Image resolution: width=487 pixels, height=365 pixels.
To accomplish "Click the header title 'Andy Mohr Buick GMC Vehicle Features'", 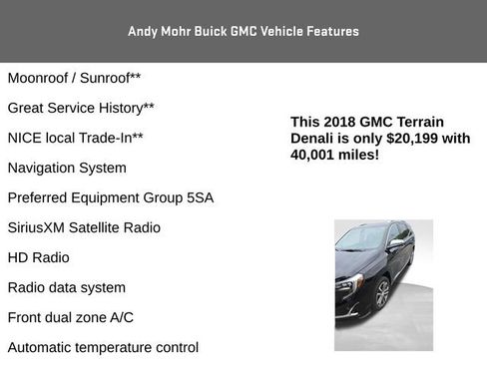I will pos(243,31).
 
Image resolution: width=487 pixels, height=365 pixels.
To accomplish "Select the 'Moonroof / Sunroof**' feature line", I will pos(74,77).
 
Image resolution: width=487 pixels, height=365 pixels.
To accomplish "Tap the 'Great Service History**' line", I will pos(81,107).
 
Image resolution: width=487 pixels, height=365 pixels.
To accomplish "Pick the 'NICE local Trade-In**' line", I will pos(75,137).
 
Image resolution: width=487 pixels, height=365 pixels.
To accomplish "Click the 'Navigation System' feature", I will pos(67,168).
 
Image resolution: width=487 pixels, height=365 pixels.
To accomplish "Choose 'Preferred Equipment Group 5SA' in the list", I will pos(110,197).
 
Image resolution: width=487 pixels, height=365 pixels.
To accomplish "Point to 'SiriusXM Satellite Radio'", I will pos(84,227).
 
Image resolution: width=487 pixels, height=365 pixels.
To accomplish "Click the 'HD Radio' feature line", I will pos(38,257).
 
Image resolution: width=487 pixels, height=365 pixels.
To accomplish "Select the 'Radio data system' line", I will pos(66,287).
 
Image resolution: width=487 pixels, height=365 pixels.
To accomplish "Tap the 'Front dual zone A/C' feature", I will pos(70,317).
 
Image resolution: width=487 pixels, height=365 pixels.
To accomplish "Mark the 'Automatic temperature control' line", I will pos(103,347).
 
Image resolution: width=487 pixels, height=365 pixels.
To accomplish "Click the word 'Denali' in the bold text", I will pos(313,139).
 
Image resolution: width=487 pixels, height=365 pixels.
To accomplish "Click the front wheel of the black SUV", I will pos(382,292).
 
